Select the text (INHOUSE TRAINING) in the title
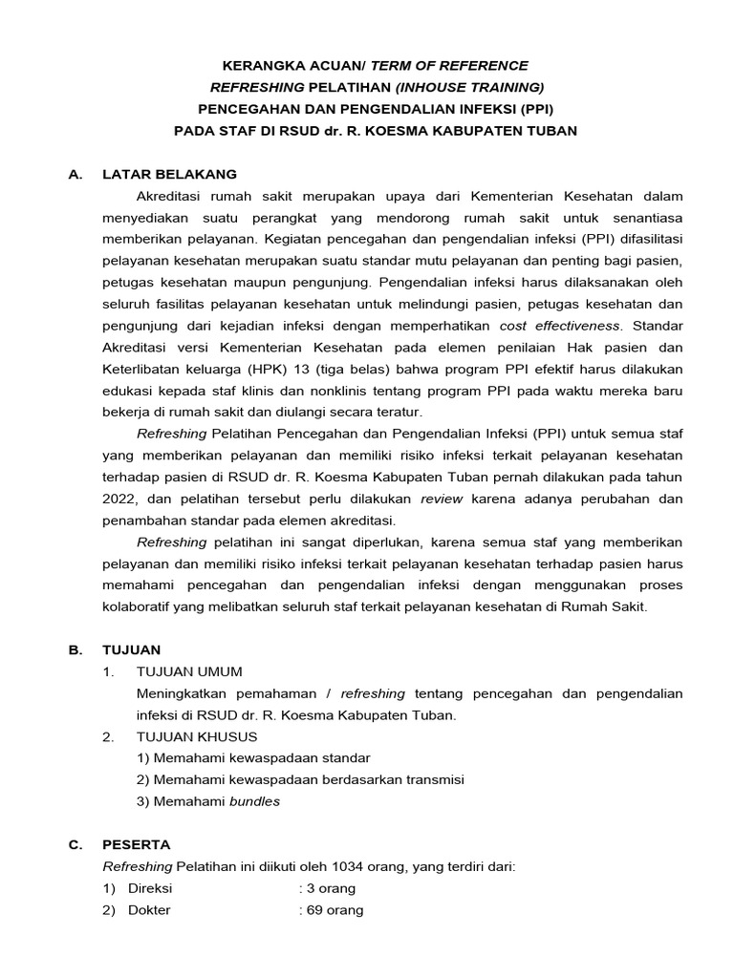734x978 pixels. pos(469,87)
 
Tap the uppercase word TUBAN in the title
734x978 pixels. pos(550,130)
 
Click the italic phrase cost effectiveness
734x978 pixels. pos(559,326)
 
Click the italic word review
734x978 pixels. pos(441,499)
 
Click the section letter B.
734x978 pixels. pos(75,649)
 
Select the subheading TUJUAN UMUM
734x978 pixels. pos(190,671)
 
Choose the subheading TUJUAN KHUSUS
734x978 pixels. pos(197,736)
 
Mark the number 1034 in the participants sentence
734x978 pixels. pos(349,866)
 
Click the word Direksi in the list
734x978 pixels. pos(150,888)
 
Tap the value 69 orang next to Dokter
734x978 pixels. pos(335,910)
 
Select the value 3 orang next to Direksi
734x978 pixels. pos(331,888)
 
